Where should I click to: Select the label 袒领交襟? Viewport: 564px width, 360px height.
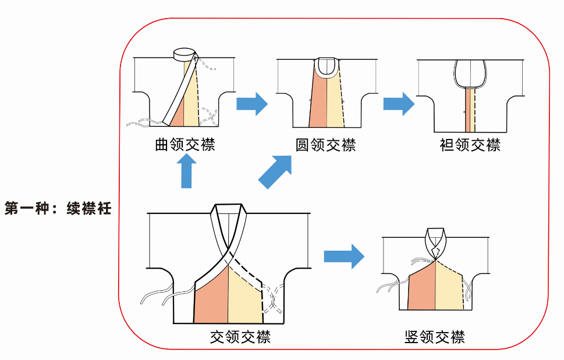(x=470, y=144)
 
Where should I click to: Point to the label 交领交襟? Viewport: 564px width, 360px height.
(x=240, y=336)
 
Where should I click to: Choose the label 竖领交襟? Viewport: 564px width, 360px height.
(x=434, y=336)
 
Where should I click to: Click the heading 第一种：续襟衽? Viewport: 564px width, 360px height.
(x=58, y=208)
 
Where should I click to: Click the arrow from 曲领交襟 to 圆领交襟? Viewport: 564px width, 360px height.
(x=251, y=104)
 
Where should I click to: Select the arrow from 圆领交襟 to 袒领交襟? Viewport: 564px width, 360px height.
(x=398, y=104)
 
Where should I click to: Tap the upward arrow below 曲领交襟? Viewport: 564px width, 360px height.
(x=186, y=173)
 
